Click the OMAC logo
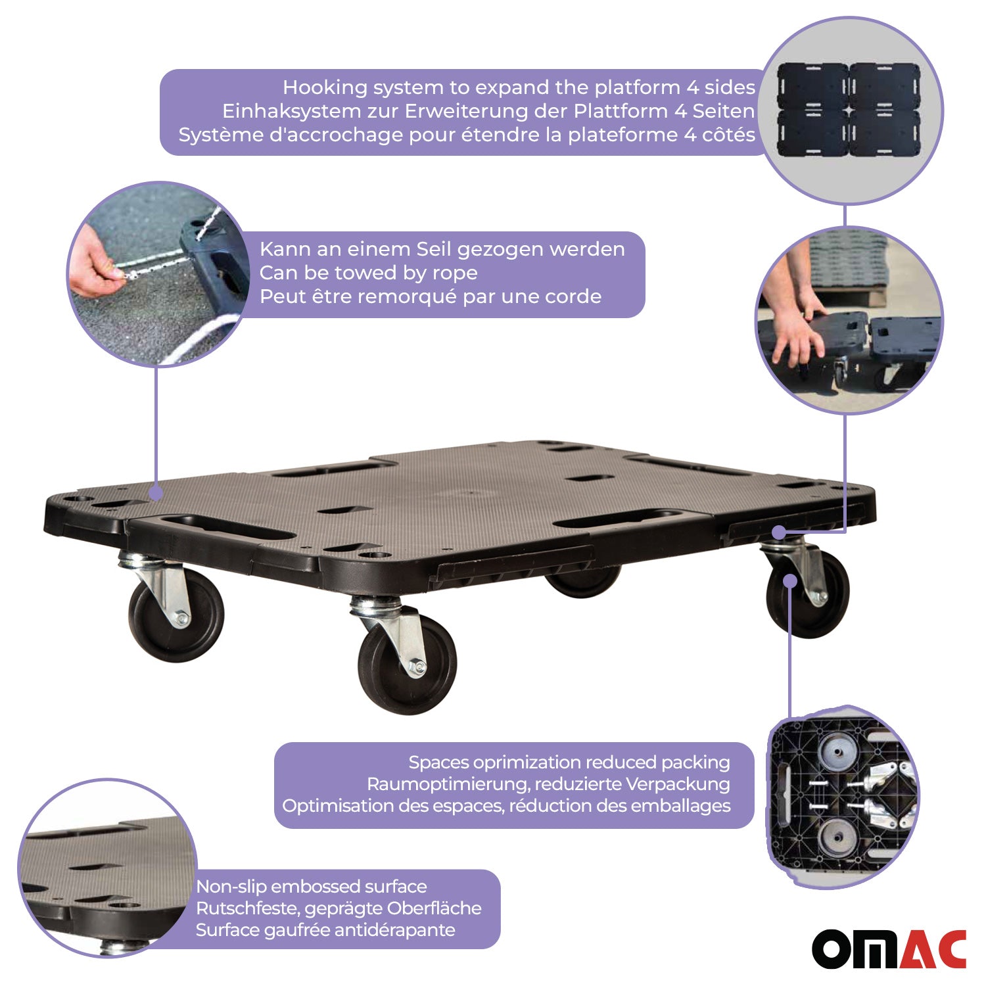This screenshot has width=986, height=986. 889,949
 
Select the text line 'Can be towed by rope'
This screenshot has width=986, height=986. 368,273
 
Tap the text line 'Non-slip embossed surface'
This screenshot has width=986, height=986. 312,887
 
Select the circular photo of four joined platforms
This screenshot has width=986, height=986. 850,110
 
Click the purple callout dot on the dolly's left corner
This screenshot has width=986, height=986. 156,492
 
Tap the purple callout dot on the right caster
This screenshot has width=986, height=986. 790,581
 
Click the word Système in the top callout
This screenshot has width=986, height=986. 216,135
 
